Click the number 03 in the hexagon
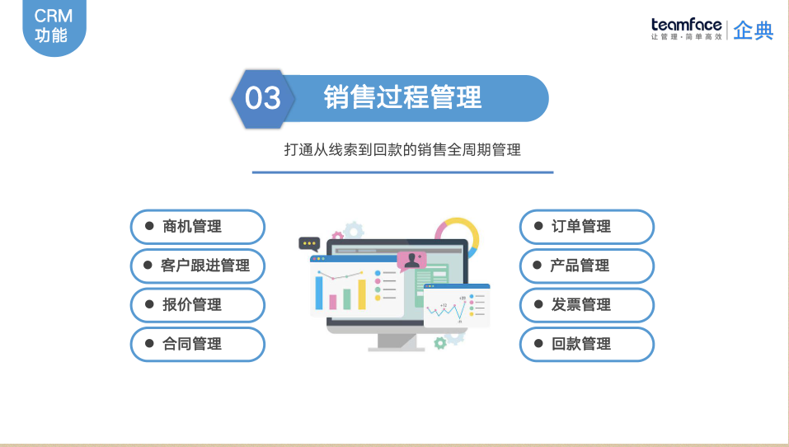point(263,99)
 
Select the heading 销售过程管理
point(402,97)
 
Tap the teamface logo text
point(686,25)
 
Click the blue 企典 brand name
point(754,31)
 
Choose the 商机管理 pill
point(198,226)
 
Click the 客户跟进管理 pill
point(198,266)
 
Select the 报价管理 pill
point(198,304)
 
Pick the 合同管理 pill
point(198,344)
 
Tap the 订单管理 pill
point(586,226)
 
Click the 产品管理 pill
point(586,266)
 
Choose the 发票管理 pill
point(586,304)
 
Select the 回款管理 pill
point(586,344)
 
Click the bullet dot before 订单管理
point(537,225)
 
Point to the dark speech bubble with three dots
point(309,243)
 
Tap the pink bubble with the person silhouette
point(411,261)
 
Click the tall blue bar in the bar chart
point(319,292)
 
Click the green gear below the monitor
point(440,342)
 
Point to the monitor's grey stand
point(396,342)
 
